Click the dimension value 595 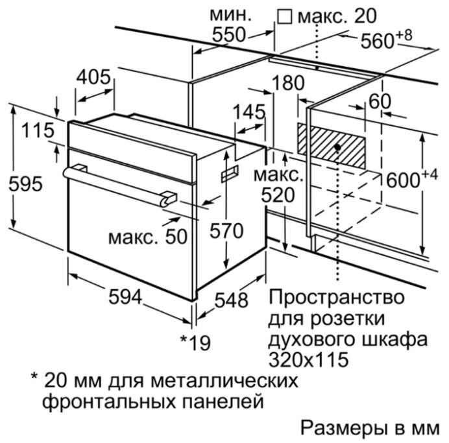25,184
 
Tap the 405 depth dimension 93,77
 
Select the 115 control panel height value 38,130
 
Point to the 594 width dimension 125,297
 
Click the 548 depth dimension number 231,300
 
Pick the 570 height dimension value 226,231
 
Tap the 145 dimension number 249,112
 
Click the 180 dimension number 288,83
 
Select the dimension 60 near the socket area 380,101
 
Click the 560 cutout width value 378,41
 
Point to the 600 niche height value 403,180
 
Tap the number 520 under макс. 278,195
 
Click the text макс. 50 148,237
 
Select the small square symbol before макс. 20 285,17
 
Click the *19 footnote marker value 195,343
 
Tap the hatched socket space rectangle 332,146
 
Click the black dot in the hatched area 337,147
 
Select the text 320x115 309,360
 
